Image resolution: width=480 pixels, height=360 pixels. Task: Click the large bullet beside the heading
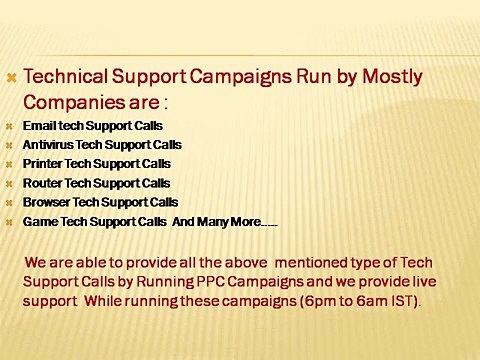pos(11,77)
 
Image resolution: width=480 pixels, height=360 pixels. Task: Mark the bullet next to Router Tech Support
pos(10,184)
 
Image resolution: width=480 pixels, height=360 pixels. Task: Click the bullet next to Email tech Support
pos(10,128)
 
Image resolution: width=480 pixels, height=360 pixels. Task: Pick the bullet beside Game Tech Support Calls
pos(10,222)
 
